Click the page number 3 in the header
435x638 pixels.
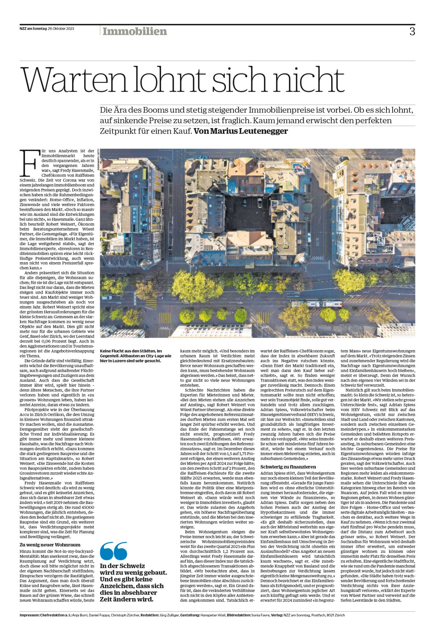click(412, 32)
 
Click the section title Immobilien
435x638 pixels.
click(134, 32)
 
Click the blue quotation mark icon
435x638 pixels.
click(113, 551)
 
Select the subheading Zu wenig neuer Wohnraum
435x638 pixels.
click(50, 545)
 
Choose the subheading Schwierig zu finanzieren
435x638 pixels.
click(288, 467)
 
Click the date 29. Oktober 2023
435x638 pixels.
click(61, 29)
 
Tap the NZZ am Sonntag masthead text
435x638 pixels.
click(33, 29)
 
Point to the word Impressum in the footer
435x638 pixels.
click(29, 615)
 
